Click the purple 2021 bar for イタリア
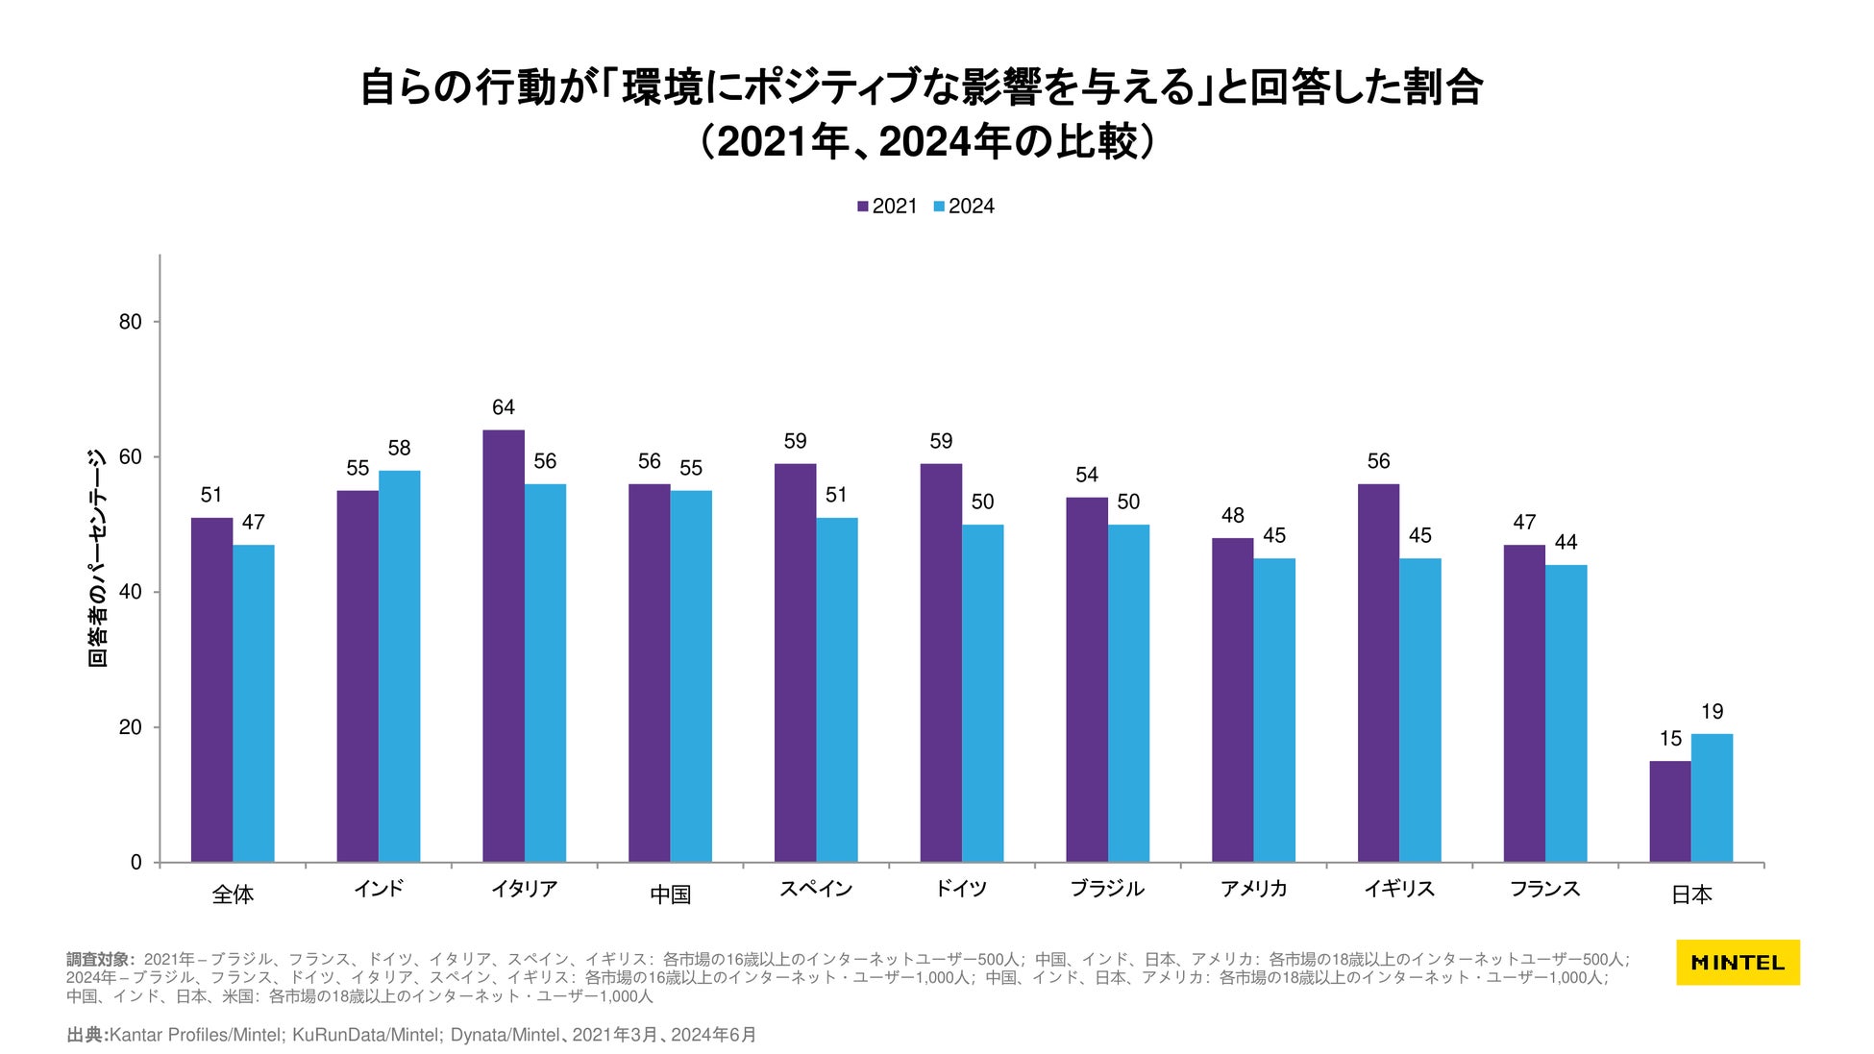click(x=504, y=646)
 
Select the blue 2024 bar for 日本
click(x=1712, y=797)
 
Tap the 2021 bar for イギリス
click(x=1378, y=673)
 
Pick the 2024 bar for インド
click(x=399, y=666)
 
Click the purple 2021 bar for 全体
click(x=211, y=690)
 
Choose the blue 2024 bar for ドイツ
click(x=982, y=693)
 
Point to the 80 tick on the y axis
click(x=131, y=322)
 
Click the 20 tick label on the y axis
click(x=131, y=727)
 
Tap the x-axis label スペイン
click(x=816, y=889)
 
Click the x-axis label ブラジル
click(x=1107, y=889)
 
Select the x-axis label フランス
click(x=1544, y=889)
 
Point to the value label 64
click(x=504, y=407)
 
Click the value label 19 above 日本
click(x=1712, y=712)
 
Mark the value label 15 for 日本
click(x=1670, y=739)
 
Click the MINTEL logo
click(x=1738, y=962)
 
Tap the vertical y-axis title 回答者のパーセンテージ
click(x=97, y=557)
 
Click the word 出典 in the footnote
click(x=86, y=1035)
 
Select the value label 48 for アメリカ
click(x=1232, y=516)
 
